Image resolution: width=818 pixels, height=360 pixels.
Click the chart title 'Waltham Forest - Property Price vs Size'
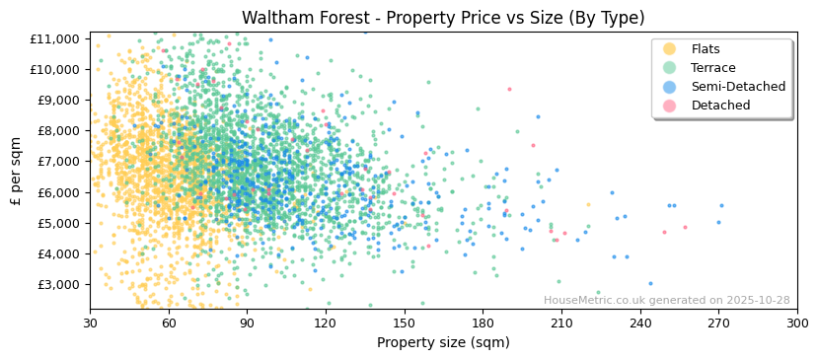point(443,18)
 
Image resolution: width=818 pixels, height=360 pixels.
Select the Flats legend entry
point(706,49)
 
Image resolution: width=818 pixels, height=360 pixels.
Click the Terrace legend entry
point(713,68)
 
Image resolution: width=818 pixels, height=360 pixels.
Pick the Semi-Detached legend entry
point(738,87)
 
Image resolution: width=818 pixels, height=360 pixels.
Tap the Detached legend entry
point(720,106)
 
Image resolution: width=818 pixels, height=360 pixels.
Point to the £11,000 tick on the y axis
point(56,38)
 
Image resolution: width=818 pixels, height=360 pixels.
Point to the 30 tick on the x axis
point(90,323)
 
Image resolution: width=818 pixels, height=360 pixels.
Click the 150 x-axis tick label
point(405,323)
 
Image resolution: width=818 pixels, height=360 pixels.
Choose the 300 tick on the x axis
point(797,323)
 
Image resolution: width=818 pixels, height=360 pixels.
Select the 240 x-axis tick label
point(640,323)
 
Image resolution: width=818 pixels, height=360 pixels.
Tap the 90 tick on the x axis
point(247,323)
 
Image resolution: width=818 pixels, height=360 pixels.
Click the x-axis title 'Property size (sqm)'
point(443,342)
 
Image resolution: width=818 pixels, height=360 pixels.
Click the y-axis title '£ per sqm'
point(17,170)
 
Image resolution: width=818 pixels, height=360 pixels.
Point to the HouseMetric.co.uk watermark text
point(666,301)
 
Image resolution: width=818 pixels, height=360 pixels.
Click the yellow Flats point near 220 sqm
point(588,205)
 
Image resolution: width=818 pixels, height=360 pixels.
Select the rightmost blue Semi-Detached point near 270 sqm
point(721,206)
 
